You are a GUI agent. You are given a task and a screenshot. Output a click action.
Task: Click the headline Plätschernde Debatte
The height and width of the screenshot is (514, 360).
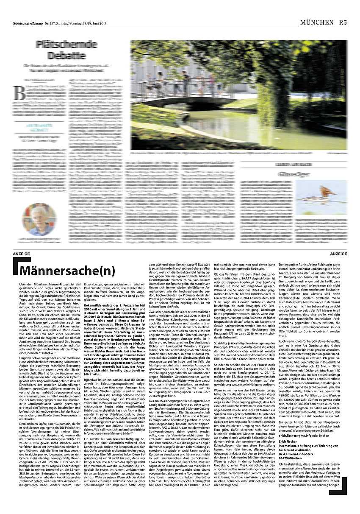(x=60, y=49)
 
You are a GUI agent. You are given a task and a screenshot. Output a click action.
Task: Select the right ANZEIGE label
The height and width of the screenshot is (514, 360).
(x=338, y=254)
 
